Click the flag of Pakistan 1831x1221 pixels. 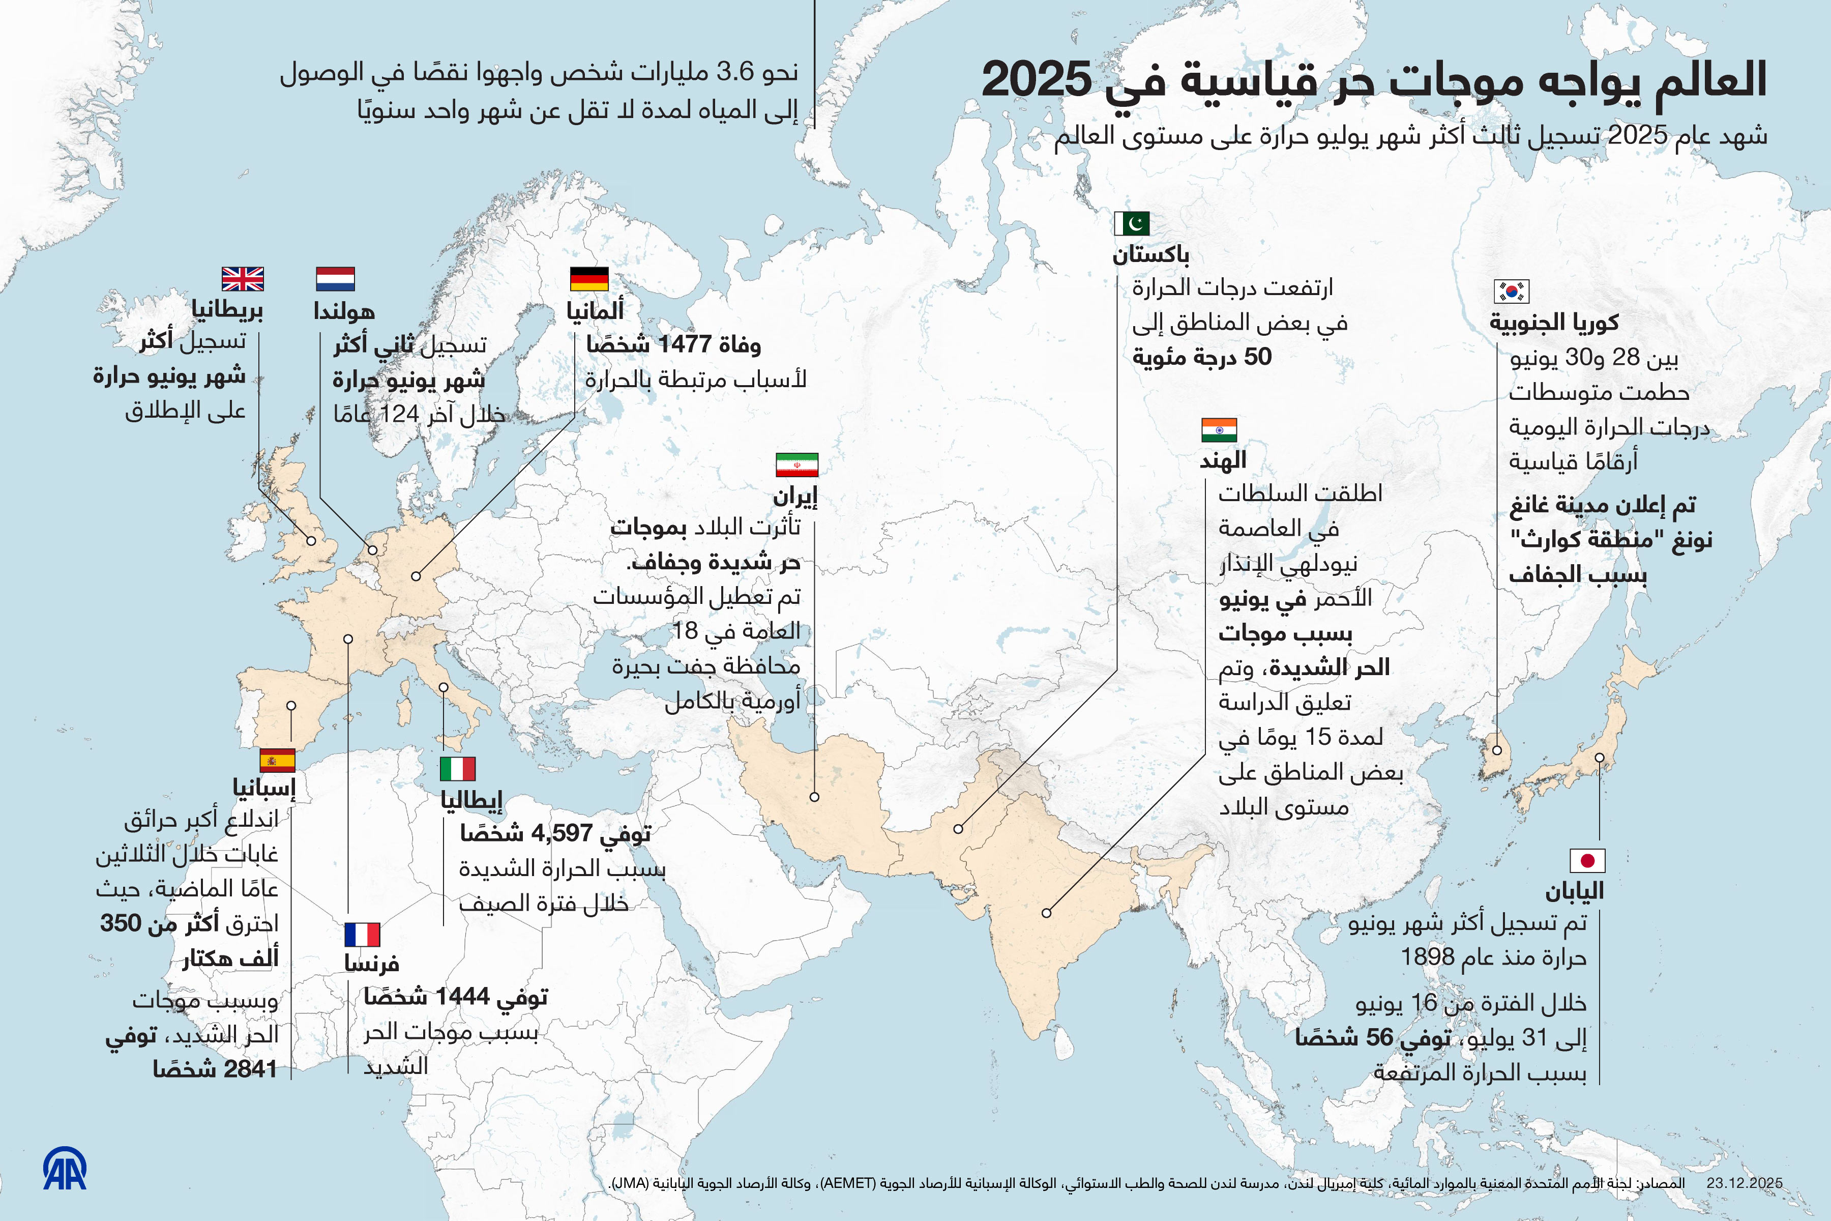click(1131, 223)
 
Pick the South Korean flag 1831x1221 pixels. click(1512, 291)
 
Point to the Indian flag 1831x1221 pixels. click(1219, 430)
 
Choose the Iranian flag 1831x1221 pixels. click(796, 465)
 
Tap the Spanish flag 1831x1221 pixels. click(277, 760)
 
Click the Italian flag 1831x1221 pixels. click(458, 769)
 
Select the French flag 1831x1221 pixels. click(362, 935)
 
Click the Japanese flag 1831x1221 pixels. click(1587, 860)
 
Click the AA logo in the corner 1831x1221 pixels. click(65, 1169)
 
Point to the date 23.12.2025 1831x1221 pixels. click(1744, 1183)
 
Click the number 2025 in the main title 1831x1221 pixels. click(1036, 80)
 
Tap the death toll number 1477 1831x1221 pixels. click(685, 344)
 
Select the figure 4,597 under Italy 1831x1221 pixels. click(562, 833)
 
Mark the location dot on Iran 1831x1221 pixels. click(814, 797)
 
